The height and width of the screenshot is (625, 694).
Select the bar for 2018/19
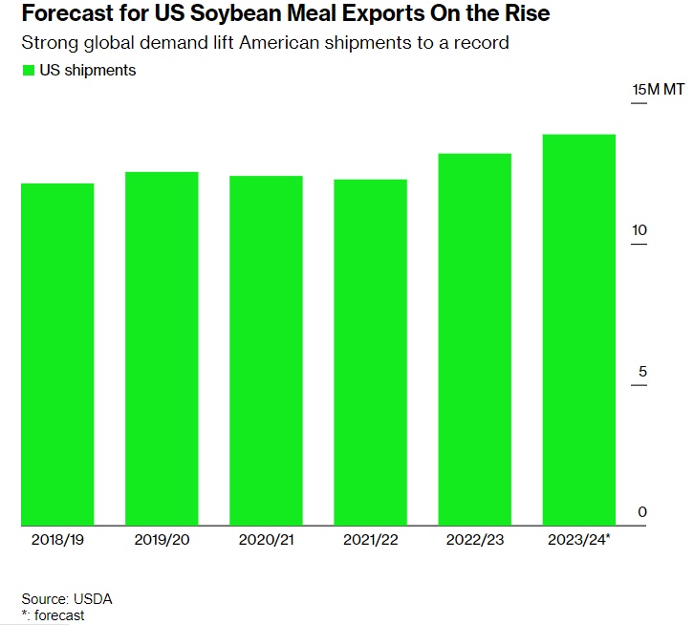click(x=57, y=354)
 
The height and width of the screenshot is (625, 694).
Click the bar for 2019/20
click(x=162, y=349)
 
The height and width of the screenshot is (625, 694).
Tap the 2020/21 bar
click(x=266, y=351)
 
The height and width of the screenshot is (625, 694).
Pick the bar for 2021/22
click(x=370, y=353)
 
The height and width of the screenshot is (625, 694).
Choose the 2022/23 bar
click(x=474, y=339)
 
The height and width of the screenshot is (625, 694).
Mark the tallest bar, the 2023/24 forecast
click(x=578, y=330)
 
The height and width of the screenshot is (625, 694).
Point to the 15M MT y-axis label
click(x=658, y=90)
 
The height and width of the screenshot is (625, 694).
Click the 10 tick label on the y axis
click(x=640, y=230)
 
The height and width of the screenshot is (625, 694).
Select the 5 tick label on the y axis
click(x=642, y=371)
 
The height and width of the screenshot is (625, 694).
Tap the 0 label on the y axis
click(x=642, y=512)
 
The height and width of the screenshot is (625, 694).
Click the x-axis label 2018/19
click(x=57, y=540)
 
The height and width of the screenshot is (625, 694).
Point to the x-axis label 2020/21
click(x=266, y=540)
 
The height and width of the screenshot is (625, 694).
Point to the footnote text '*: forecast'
click(x=53, y=615)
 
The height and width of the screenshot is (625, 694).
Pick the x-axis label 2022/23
click(x=474, y=540)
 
